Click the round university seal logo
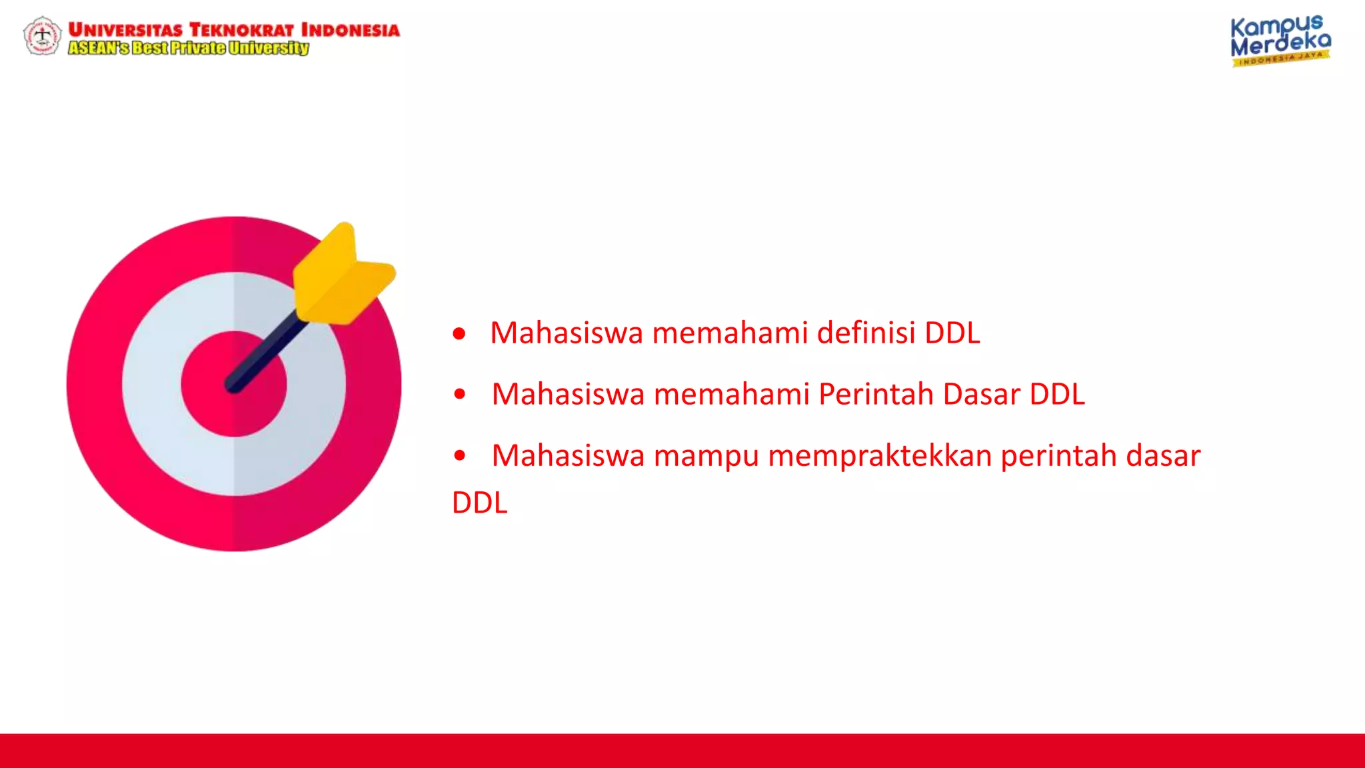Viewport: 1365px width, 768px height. [x=42, y=36]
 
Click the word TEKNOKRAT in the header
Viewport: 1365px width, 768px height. [x=241, y=30]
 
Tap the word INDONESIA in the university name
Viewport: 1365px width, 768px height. [x=350, y=30]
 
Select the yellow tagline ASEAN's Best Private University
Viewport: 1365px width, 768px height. [x=189, y=48]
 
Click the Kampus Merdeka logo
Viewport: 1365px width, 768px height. [x=1280, y=41]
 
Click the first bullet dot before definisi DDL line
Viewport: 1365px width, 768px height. [x=459, y=333]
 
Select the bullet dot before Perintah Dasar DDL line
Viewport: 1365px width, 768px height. [x=459, y=394]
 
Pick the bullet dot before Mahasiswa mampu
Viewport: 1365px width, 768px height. [x=459, y=456]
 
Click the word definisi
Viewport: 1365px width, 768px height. [x=866, y=333]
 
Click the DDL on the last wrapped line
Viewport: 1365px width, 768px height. [x=479, y=503]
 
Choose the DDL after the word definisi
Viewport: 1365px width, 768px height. [x=952, y=333]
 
